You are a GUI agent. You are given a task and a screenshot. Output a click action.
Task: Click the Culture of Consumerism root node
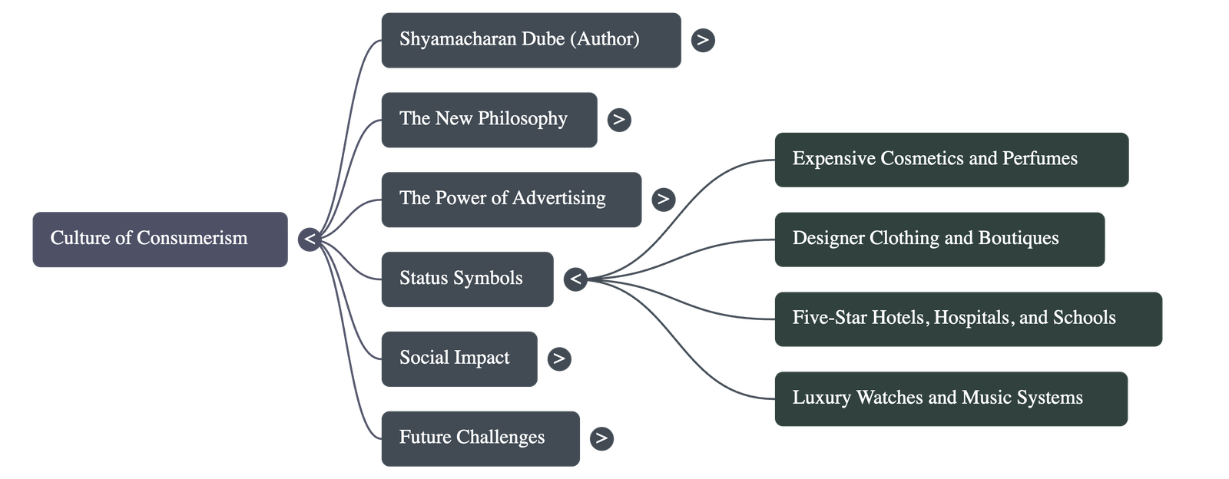click(160, 240)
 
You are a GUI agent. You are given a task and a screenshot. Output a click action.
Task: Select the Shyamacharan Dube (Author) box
click(530, 40)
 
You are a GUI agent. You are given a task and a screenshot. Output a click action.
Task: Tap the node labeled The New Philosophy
click(489, 120)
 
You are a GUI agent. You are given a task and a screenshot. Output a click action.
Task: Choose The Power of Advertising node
click(511, 200)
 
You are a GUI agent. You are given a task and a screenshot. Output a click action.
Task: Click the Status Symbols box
click(467, 279)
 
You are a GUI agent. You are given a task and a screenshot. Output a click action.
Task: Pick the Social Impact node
click(459, 359)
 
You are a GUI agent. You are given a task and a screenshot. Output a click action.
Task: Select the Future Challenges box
click(480, 438)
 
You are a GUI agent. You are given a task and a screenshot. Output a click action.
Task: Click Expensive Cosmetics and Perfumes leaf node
click(951, 160)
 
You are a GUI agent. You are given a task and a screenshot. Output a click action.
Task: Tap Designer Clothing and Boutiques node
click(939, 240)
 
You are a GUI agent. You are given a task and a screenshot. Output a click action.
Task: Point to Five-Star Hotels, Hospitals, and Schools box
click(968, 319)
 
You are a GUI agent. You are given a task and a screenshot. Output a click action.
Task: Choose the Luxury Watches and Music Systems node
click(951, 398)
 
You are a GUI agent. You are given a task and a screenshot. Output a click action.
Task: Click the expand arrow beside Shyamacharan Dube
click(703, 40)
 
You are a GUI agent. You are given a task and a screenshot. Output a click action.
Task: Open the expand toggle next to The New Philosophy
click(619, 120)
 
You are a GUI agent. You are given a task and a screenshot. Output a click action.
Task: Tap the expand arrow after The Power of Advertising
click(663, 200)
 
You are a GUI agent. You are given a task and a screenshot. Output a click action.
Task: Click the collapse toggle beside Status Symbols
click(575, 279)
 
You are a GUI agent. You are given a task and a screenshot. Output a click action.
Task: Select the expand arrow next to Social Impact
click(559, 358)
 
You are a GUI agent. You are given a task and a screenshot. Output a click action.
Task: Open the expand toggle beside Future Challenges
click(601, 438)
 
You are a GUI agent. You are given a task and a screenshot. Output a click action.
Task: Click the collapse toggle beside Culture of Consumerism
click(310, 240)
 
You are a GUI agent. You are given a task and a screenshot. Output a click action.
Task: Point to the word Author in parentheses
click(605, 39)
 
